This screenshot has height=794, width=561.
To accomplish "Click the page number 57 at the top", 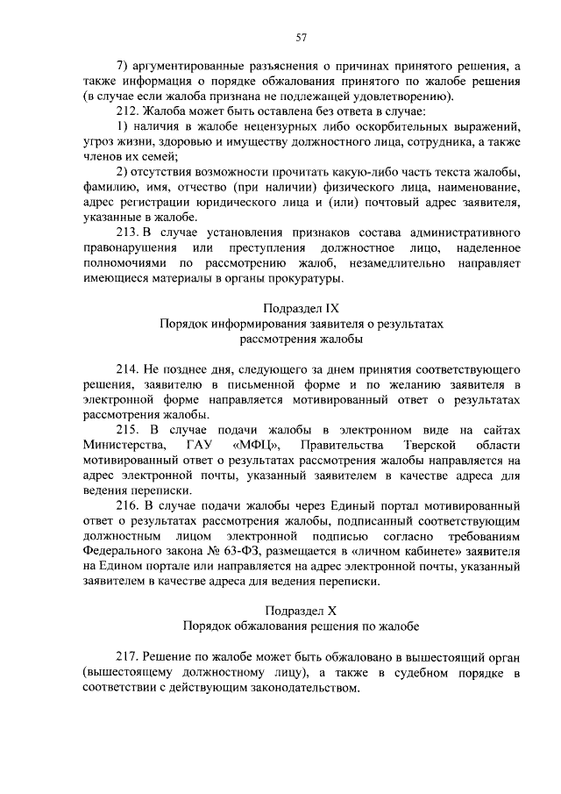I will click(x=301, y=37).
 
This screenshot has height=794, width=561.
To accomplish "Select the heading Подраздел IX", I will click(x=301, y=308).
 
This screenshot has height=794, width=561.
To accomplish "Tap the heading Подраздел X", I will click(x=301, y=610).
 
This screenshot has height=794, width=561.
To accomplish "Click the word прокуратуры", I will click(x=306, y=278).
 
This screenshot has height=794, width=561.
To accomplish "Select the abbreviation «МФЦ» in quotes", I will click(x=258, y=445).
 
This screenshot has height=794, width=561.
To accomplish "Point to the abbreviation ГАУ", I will click(x=199, y=445).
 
